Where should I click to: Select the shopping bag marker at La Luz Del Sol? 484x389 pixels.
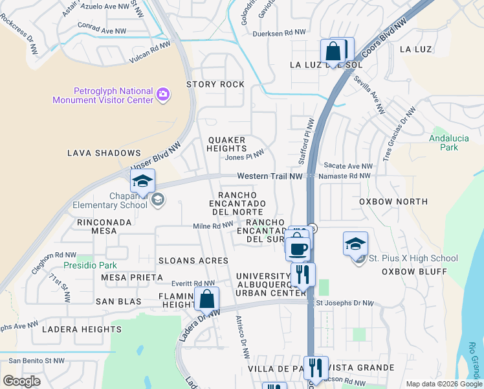point(333,51)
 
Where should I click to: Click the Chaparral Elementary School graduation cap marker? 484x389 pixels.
point(142,182)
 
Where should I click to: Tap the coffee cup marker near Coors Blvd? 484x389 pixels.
point(298,248)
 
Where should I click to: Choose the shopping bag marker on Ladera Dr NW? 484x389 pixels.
point(207,300)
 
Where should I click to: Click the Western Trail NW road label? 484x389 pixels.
point(270,176)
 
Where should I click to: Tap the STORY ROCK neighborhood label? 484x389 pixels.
point(215,84)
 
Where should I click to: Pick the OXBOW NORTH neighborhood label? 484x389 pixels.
point(393,202)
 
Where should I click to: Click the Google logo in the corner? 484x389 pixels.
point(22,381)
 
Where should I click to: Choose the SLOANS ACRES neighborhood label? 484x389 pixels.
point(193,261)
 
